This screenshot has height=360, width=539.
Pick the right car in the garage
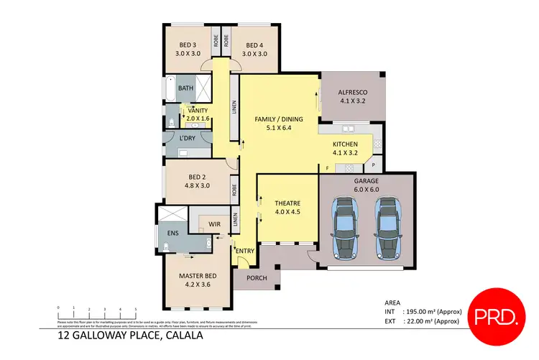388,229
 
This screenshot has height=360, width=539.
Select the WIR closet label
213,225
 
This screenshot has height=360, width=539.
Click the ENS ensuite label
172,233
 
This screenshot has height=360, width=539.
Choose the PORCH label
257,277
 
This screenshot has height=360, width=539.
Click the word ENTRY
245,251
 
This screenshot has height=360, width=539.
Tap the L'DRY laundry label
187,138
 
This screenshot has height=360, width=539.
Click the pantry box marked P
374,165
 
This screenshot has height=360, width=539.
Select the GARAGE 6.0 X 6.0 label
367,184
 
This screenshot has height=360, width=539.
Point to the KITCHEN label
345,147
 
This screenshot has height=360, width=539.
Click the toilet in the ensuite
166,248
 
